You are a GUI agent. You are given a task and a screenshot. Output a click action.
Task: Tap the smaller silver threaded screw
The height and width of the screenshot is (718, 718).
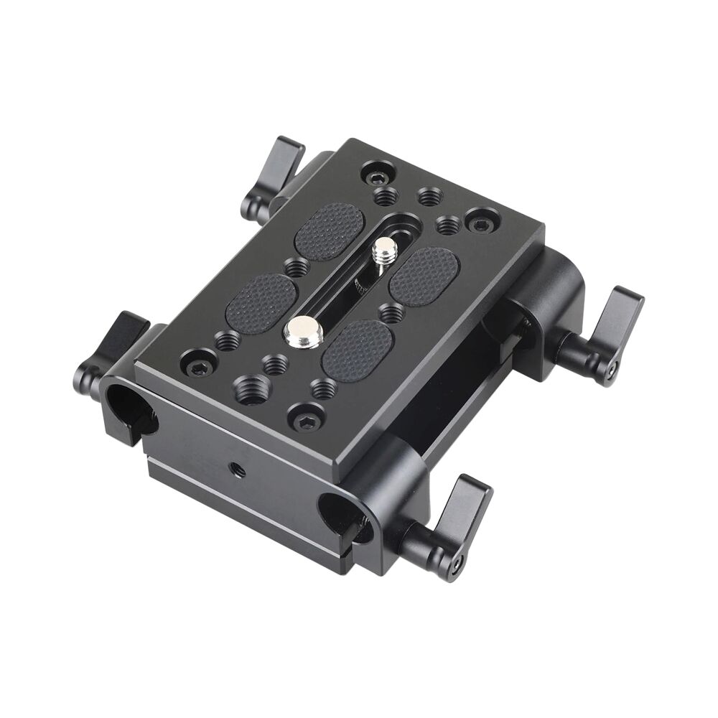pyautogui.click(x=386, y=251)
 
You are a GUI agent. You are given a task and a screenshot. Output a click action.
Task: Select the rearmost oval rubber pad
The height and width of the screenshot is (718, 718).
pyautogui.click(x=330, y=230)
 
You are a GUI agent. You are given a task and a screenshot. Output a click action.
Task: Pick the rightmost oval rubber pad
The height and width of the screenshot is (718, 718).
pyautogui.click(x=424, y=276)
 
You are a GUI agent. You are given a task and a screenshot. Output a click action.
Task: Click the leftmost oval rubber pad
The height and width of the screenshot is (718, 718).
pyautogui.click(x=261, y=302)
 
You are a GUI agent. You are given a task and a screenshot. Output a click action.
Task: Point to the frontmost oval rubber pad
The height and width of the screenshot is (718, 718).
pyautogui.click(x=357, y=350)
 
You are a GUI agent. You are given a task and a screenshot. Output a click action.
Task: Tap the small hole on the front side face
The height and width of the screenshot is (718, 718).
pyautogui.click(x=238, y=471)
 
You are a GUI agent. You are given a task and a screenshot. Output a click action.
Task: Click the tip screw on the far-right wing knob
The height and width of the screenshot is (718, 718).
pyautogui.click(x=611, y=370)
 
